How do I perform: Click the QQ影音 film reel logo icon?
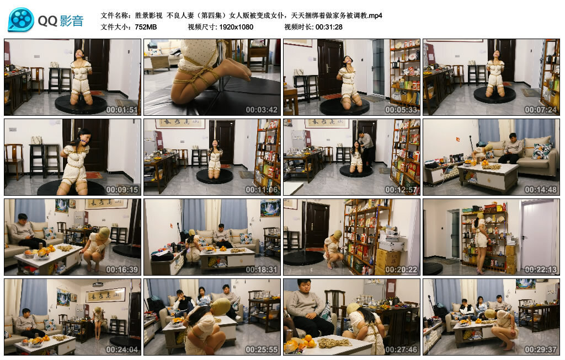pos(21,20)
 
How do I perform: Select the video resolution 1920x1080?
pos(236,27)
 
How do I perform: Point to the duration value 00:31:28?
pos(329,27)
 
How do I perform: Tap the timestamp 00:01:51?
pos(122,110)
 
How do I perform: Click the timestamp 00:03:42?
pos(262,110)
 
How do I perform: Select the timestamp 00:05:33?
pos(401,110)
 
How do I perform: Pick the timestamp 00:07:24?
pos(541,110)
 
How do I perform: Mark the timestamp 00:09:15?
pos(122,190)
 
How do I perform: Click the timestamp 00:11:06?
pos(262,190)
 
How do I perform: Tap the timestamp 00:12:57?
pos(401,190)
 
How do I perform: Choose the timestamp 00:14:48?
pos(541,190)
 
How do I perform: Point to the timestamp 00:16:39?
pos(122,270)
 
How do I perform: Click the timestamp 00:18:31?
pos(262,270)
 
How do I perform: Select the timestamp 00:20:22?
pos(401,270)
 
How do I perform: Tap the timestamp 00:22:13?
pos(541,270)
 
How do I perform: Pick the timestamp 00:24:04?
pos(122,350)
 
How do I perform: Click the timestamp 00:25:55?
pos(262,350)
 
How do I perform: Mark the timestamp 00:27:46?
pos(401,350)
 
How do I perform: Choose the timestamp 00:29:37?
pos(541,350)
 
